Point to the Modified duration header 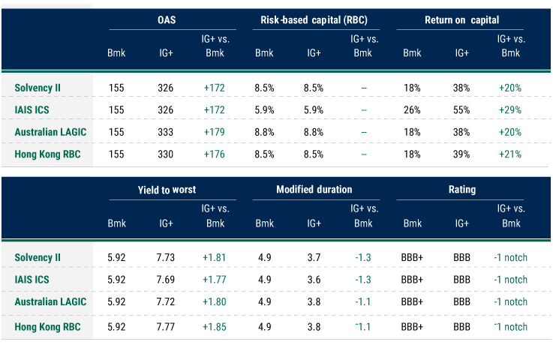(x=314, y=190)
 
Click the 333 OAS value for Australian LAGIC (x=166, y=132)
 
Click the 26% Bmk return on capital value (x=412, y=109)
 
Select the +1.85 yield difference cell (x=215, y=326)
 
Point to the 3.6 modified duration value (x=314, y=280)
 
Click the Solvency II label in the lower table (x=38, y=257)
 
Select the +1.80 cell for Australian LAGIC (x=215, y=302)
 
